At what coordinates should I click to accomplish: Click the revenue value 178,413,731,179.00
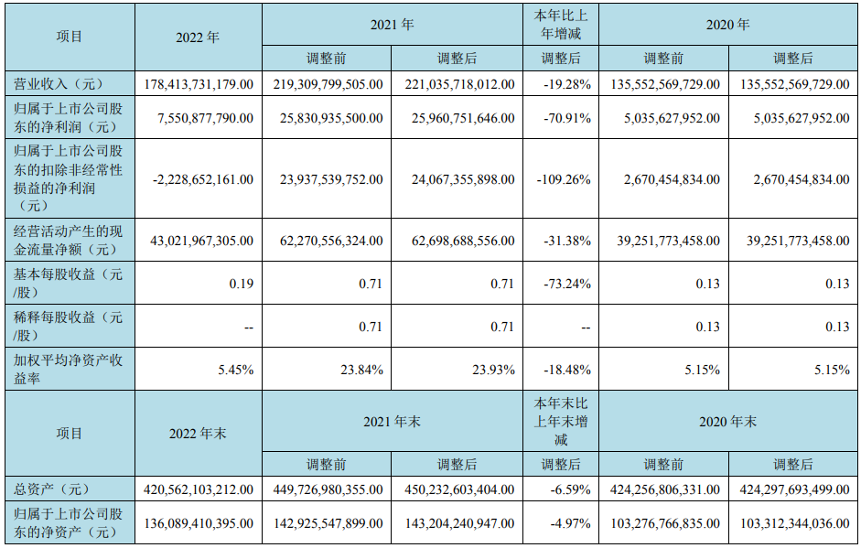click(x=199, y=83)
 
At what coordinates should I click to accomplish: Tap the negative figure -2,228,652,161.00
click(x=199, y=179)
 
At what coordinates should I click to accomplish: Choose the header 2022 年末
click(x=198, y=433)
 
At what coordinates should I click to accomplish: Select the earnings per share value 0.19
click(x=242, y=284)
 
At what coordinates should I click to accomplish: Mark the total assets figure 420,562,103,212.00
click(x=199, y=489)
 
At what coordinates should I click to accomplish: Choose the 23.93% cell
click(x=495, y=370)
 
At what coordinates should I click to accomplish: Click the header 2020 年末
click(x=728, y=422)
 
